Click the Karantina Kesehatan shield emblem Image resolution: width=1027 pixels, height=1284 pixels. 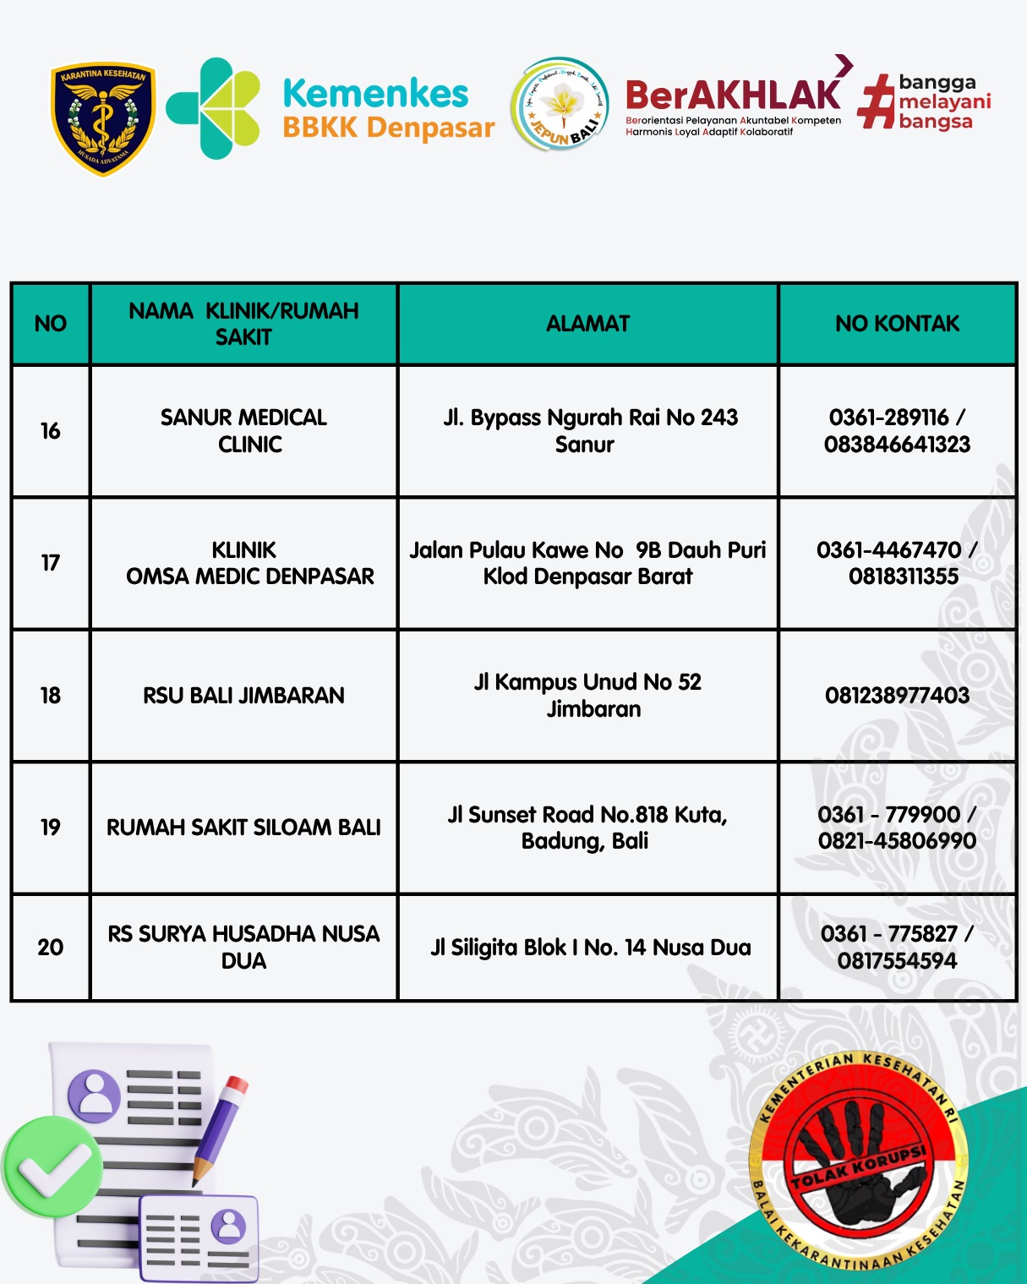point(103,118)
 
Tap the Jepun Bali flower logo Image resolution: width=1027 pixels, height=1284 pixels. point(560,106)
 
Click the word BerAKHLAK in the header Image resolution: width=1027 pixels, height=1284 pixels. point(732,96)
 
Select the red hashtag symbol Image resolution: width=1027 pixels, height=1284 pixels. point(877,102)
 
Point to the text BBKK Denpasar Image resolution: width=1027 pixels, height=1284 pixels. point(388,128)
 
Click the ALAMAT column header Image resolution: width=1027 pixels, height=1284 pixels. point(587,324)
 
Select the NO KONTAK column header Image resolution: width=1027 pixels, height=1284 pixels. point(897,324)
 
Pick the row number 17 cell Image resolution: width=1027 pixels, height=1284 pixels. point(51,563)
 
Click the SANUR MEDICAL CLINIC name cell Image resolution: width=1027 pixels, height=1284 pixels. point(243,430)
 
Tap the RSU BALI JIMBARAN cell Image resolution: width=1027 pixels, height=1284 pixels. point(243,695)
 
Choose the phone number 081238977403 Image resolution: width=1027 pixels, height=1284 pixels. point(897,695)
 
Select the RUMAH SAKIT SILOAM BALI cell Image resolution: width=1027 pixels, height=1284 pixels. point(243,827)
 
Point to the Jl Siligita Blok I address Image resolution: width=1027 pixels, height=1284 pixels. point(590,948)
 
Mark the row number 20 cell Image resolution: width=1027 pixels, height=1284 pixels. point(51,948)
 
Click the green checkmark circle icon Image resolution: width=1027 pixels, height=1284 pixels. point(52,1167)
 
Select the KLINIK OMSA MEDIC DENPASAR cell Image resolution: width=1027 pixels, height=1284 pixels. point(249,563)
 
